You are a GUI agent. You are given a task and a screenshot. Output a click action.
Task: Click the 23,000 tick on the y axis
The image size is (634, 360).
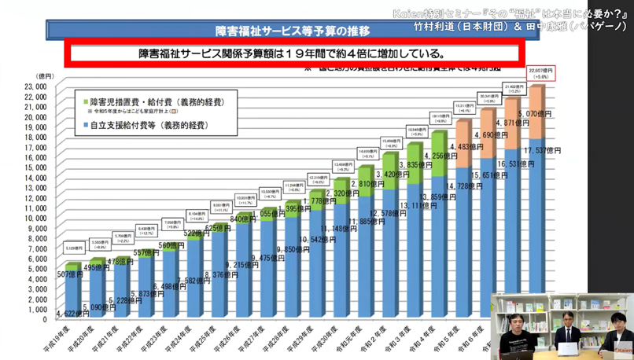point(36,86)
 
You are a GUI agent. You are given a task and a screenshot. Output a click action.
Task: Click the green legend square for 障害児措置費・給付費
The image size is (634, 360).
point(87,102)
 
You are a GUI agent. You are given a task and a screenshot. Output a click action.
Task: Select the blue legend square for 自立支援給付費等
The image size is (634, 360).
point(87,125)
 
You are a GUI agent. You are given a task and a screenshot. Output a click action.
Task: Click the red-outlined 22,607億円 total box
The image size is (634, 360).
point(540,73)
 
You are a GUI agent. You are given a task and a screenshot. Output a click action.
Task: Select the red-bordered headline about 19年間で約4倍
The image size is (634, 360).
point(292,54)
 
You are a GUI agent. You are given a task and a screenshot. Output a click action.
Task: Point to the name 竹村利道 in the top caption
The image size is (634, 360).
point(436,25)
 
